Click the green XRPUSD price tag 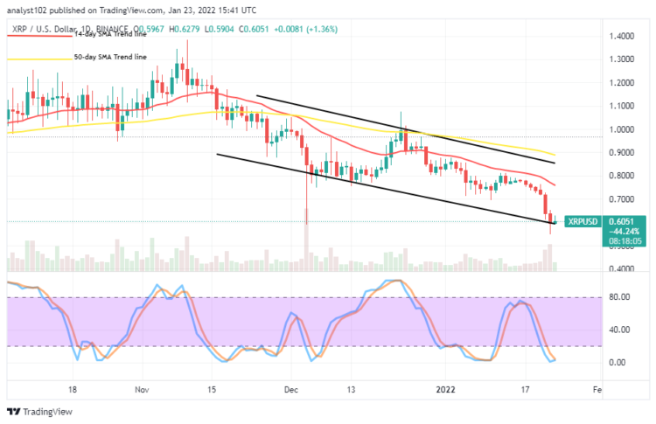581,221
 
